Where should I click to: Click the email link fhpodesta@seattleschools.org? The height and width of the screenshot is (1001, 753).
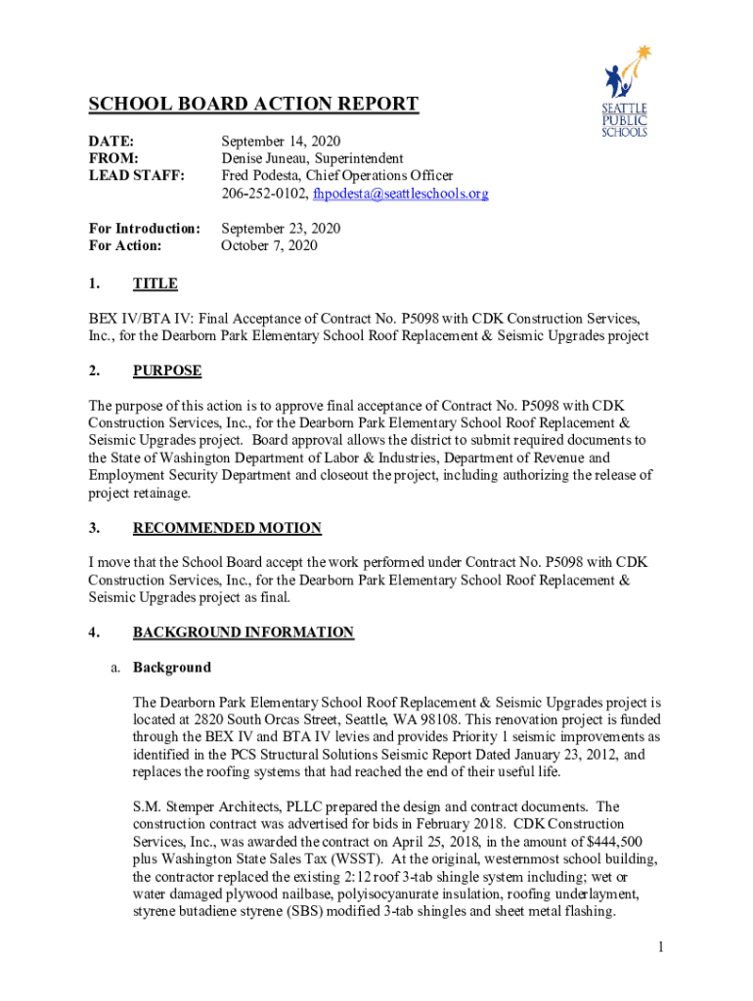pos(400,194)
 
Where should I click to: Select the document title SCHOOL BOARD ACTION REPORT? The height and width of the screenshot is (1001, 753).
pos(253,105)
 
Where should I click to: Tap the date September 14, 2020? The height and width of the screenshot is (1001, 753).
pos(281,141)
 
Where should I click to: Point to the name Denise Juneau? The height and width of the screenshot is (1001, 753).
pos(263,158)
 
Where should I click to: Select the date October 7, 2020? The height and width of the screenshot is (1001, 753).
pos(269,245)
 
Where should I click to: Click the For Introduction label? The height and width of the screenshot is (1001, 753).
pos(144,228)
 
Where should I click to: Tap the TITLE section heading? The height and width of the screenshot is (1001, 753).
pos(155,283)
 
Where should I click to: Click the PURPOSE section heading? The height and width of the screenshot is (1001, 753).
pos(167,370)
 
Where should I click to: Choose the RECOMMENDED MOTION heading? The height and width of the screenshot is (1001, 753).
pos(227,528)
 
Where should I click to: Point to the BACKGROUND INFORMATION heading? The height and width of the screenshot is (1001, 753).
pos(243,632)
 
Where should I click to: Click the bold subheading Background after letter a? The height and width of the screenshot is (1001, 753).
pos(171,668)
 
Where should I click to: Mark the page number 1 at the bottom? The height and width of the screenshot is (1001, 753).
pos(662,947)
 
